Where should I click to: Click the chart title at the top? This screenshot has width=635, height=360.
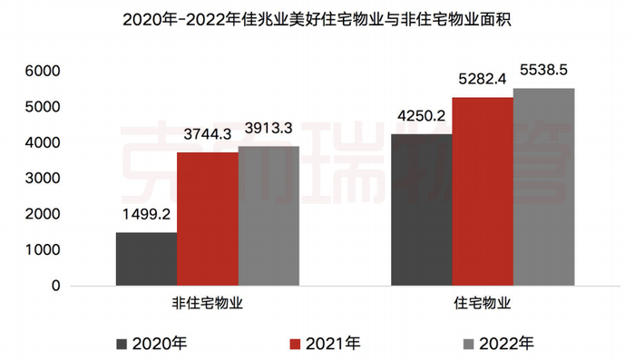pos(317,17)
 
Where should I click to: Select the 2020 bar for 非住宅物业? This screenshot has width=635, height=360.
pos(146,259)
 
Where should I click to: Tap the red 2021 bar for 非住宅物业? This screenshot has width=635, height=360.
pos(207,219)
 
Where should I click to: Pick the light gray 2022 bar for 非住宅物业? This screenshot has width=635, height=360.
pos(268,216)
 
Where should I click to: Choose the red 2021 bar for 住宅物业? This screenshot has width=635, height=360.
pos(483,191)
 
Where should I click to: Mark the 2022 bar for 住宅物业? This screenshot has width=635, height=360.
pos(543,187)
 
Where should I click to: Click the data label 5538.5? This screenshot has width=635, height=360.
pos(545,69)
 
